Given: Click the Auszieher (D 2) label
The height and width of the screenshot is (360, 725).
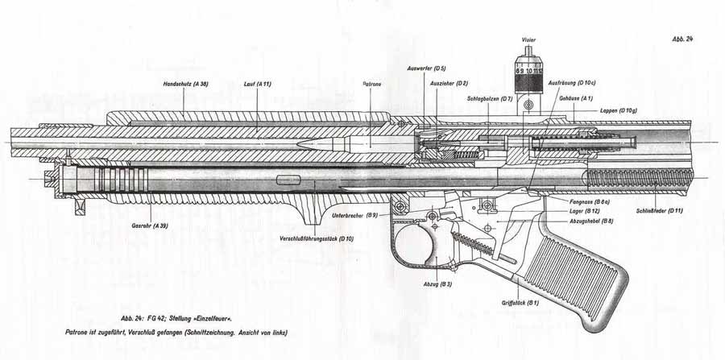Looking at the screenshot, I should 450,84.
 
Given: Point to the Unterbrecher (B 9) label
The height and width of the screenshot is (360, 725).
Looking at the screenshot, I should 355,216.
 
